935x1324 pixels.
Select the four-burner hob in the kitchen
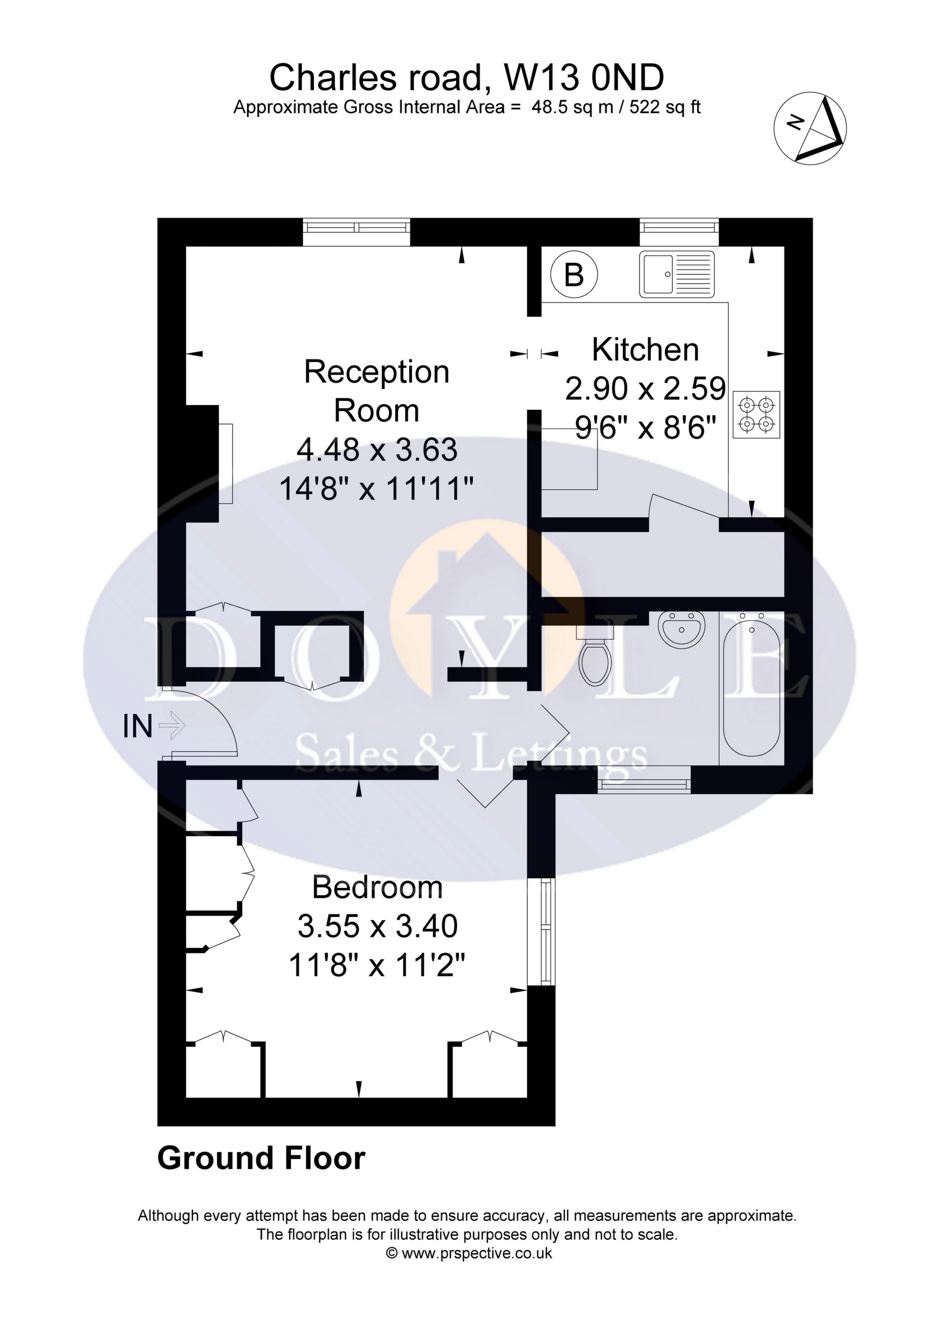click(x=756, y=414)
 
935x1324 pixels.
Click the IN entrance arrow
click(x=172, y=725)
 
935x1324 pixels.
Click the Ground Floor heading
click(x=261, y=1159)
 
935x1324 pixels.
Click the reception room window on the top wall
click(x=357, y=232)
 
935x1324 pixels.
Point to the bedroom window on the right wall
click(x=542, y=931)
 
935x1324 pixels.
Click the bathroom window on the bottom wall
click(x=644, y=779)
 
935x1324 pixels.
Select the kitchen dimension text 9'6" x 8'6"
click(x=645, y=428)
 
